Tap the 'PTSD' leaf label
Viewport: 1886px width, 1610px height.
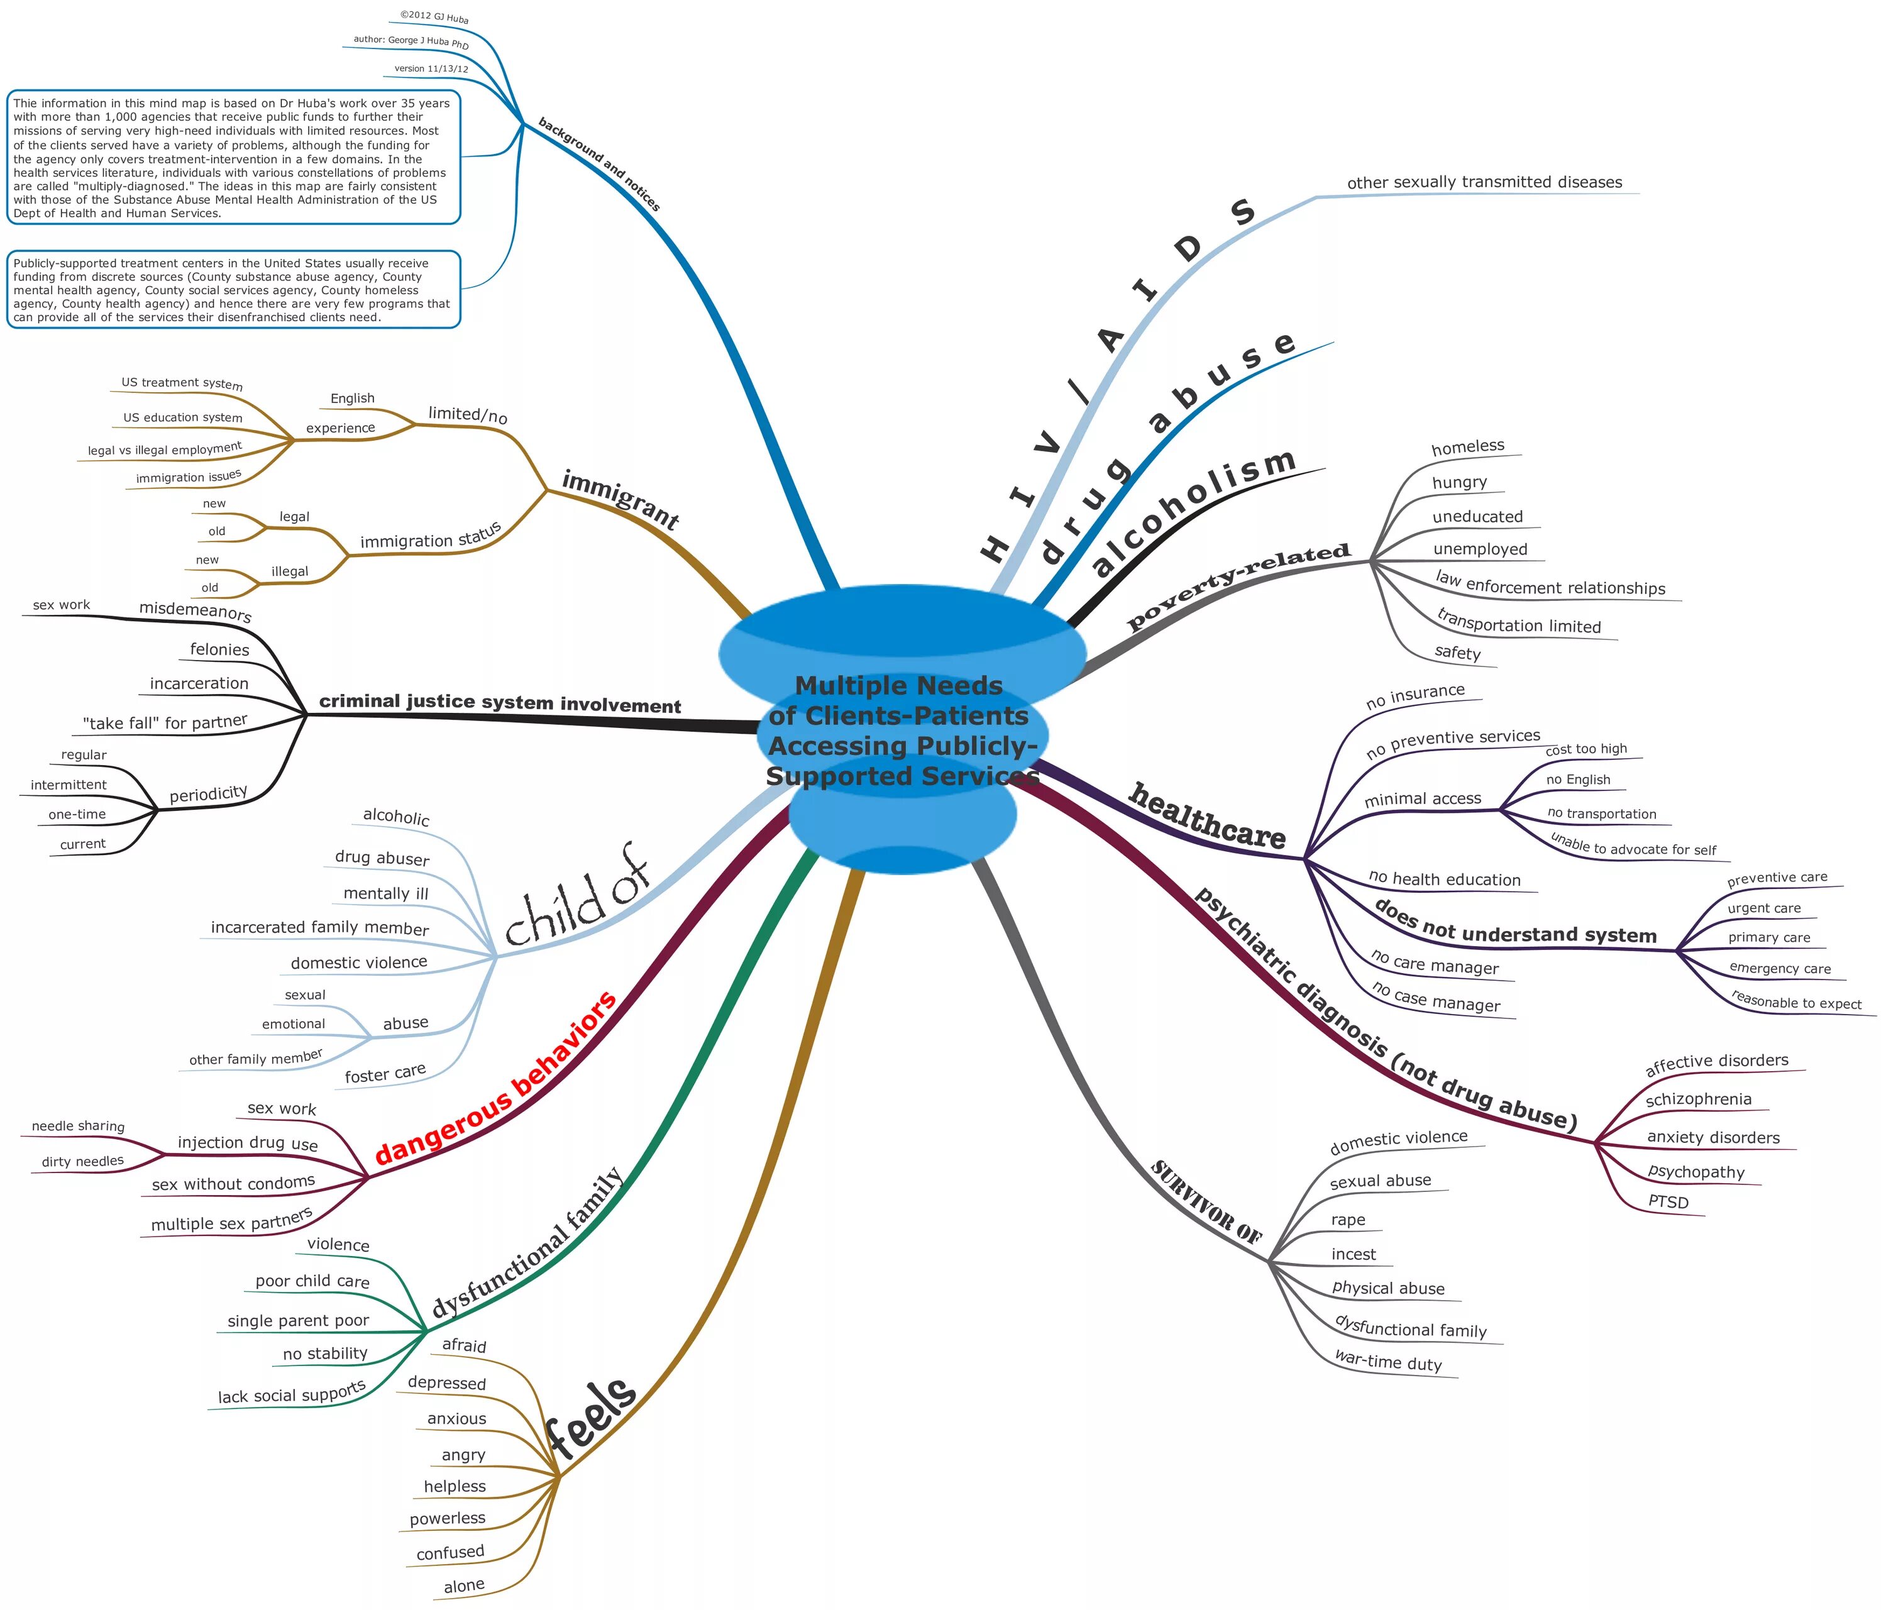(x=1668, y=1202)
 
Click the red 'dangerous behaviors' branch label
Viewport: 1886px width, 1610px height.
(x=496, y=1079)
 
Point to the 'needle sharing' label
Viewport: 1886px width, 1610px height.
(x=79, y=1127)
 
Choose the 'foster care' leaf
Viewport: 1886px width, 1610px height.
(x=385, y=1074)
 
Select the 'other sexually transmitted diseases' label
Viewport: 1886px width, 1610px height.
(x=1484, y=182)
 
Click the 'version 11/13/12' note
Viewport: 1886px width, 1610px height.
(x=431, y=69)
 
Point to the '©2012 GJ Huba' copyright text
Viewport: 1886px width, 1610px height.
(x=434, y=16)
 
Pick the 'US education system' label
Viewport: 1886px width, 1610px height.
(x=183, y=417)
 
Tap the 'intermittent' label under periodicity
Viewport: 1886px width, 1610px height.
(x=69, y=785)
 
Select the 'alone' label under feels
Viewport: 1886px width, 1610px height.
(x=463, y=1586)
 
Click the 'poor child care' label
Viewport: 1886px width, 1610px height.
(x=312, y=1281)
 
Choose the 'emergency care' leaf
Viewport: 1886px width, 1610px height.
(x=1780, y=968)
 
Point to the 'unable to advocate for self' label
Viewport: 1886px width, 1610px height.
(x=1633, y=846)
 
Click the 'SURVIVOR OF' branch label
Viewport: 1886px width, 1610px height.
(x=1206, y=1202)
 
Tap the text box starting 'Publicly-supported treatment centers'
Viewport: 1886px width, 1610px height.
(x=234, y=289)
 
